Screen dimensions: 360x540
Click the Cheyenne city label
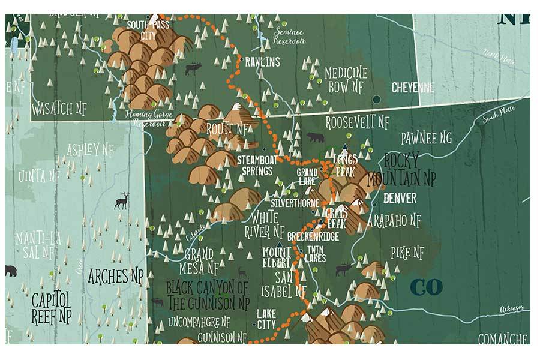413,87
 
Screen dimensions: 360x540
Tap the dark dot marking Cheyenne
376,99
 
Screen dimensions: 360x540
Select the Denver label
400,198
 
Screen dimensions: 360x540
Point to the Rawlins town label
262,62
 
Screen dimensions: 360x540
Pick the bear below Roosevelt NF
315,137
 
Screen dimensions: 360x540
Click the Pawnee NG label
427,139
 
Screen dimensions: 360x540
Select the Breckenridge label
313,237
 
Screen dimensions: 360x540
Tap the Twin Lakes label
316,254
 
